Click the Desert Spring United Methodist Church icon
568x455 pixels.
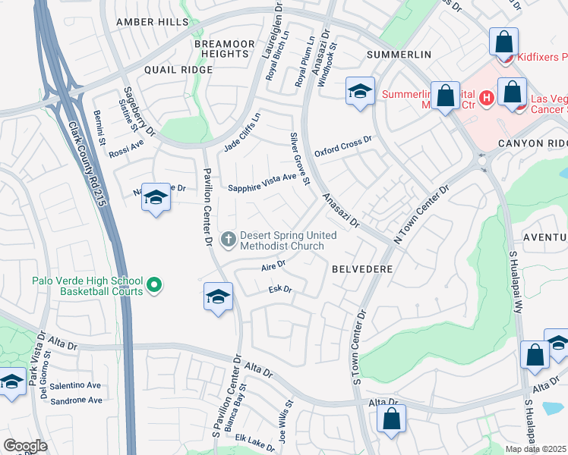227,240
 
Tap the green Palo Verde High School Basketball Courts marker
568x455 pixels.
154,286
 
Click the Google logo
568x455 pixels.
25,445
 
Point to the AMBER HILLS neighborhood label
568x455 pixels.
152,23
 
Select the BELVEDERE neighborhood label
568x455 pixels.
361,269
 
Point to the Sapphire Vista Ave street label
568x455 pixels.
263,182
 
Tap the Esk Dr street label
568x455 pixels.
280,290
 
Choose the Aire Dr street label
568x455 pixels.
273,266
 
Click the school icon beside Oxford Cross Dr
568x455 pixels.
360,93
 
